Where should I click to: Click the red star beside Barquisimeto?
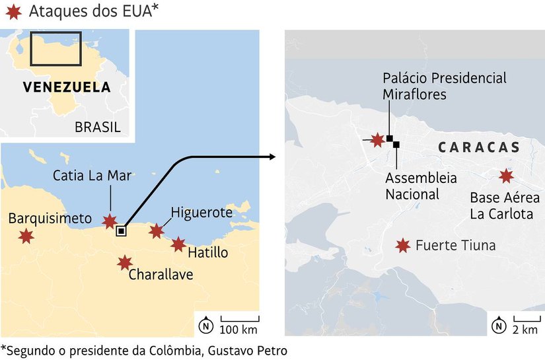tap(26, 236)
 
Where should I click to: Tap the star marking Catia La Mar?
tap(110, 221)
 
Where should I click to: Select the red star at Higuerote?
tap(157, 231)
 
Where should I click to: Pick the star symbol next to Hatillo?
tap(178, 244)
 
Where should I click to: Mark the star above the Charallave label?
tap(124, 262)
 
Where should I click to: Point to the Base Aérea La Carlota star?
tap(506, 176)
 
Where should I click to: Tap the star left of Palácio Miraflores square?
tap(377, 139)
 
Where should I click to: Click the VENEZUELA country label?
tap(67, 87)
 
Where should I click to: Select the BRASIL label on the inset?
tap(98, 127)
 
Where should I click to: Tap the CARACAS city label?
tap(478, 147)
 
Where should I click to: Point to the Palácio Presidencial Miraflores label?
tap(445, 86)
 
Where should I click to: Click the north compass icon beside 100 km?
tap(207, 325)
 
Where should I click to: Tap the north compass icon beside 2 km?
tap(499, 325)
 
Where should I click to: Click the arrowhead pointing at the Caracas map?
tap(272, 157)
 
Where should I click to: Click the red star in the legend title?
tap(13, 11)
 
